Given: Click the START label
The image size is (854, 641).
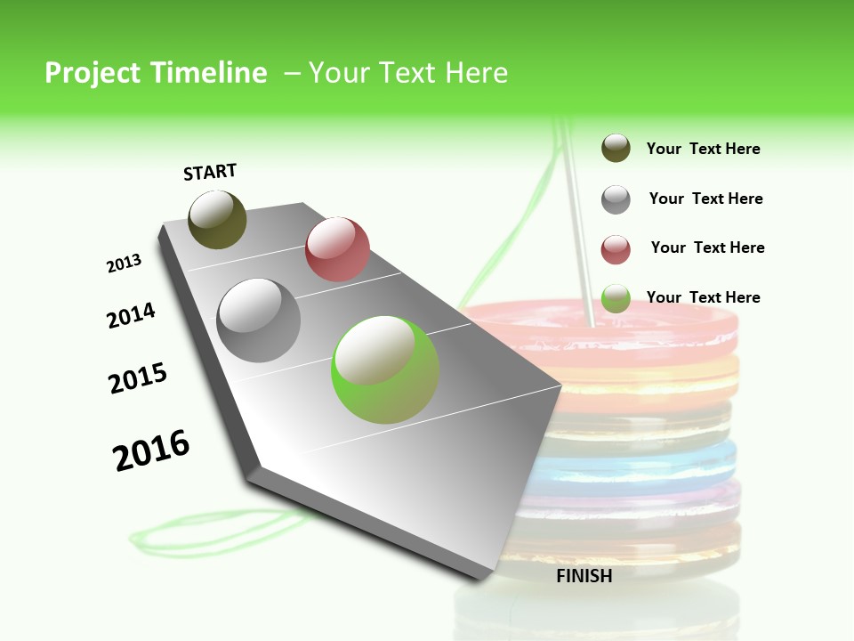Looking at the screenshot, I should tap(210, 172).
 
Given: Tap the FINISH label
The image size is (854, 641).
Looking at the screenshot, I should tap(584, 576).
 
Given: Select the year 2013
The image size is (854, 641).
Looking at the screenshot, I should tap(124, 264).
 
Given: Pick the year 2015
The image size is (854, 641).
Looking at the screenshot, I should tap(138, 378).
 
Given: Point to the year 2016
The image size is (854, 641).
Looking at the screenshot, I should tap(151, 450).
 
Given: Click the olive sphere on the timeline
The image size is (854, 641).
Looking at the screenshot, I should tap(217, 220).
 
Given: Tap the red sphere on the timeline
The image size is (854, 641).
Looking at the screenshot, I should tap(337, 249).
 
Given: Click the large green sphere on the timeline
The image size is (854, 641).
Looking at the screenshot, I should tap(385, 369).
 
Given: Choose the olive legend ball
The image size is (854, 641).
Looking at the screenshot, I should tap(616, 149).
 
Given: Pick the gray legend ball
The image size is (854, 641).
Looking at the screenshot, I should tap(616, 199).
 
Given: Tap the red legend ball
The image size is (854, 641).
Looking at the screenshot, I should tap(616, 249).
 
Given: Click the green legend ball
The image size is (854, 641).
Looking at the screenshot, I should tap(616, 299).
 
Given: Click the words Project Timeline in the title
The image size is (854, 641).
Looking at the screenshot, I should tap(156, 73).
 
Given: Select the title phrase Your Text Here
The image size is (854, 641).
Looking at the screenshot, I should tap(408, 73).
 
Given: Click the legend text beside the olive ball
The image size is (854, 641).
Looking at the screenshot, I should tap(703, 150).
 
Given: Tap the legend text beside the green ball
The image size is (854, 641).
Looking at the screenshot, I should tap(703, 297).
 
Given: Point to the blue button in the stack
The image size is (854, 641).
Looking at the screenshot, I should tap(640, 463).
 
